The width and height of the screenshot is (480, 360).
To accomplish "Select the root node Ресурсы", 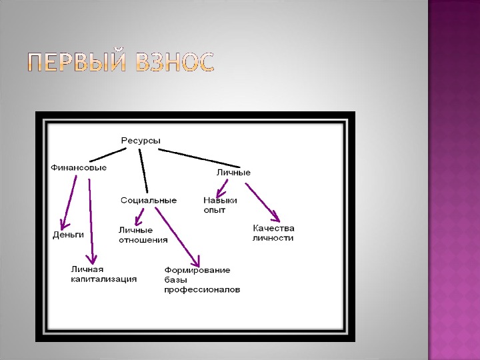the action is (x=141, y=140).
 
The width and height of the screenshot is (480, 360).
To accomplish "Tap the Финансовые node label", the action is (x=79, y=167).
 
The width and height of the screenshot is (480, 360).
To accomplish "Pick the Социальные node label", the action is (x=149, y=200).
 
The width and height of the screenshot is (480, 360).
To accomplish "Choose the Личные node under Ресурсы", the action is (x=233, y=173).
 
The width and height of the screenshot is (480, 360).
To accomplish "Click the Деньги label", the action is (x=68, y=235).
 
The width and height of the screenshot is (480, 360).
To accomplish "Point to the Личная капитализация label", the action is (x=104, y=274).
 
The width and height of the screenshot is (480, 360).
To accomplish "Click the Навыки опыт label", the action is (x=220, y=205).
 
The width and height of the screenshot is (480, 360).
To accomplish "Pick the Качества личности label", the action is (x=273, y=233).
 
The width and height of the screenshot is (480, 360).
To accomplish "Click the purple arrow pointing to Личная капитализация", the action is (x=91, y=220).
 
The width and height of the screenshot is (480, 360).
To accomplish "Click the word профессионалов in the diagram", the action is (x=201, y=290).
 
